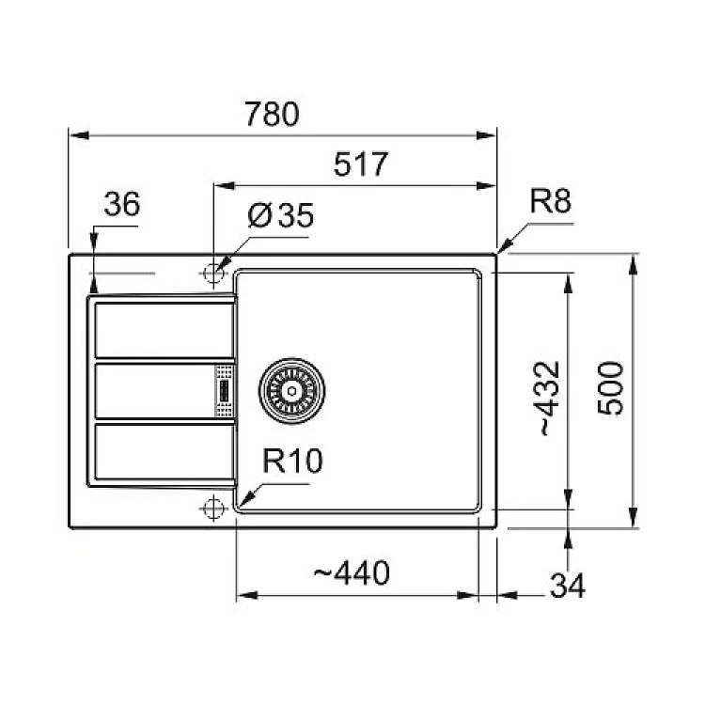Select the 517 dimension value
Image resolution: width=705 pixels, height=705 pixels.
[x=361, y=165]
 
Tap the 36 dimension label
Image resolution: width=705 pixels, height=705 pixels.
[x=120, y=205]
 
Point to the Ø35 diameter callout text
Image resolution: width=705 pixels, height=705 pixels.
[x=280, y=217]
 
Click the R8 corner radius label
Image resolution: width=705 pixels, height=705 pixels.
[x=550, y=201]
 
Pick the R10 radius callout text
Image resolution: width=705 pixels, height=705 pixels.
[x=292, y=462]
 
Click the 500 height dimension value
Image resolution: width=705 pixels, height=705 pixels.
[x=611, y=387]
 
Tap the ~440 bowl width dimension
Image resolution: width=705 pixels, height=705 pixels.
[x=352, y=572]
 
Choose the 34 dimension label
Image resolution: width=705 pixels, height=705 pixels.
[x=567, y=587]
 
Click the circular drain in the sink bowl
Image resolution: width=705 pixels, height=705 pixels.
[x=290, y=387]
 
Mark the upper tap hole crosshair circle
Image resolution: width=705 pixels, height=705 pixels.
[x=211, y=273]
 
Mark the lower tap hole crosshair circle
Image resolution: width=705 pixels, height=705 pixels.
[x=211, y=508]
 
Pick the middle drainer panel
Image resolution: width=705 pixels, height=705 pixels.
[x=155, y=389]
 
